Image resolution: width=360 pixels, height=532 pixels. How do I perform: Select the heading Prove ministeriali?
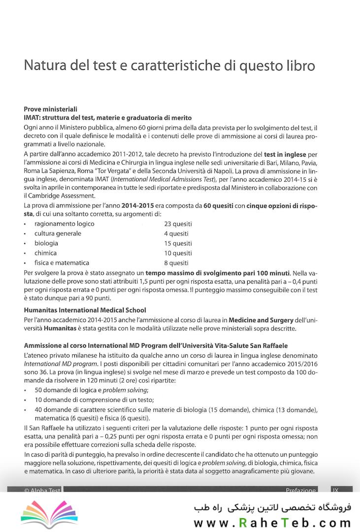pos(50,109)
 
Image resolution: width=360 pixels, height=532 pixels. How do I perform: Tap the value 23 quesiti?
pos(178,224)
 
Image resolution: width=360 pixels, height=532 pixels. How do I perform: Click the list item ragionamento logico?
pos(64,224)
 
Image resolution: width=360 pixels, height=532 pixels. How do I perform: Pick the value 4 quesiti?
pos(176,233)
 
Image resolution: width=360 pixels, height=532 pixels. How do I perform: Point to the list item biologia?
pos(46,243)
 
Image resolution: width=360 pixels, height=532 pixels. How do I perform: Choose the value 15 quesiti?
pos(178,243)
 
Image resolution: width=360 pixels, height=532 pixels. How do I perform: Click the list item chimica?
pos(45,253)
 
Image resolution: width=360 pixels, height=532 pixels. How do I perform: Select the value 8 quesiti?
pos(176,263)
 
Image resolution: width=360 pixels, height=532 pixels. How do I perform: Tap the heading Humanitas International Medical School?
pos(85,310)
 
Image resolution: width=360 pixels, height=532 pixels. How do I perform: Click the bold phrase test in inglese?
pos(285,155)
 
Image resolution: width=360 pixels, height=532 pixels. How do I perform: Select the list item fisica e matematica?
pos(62,263)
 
